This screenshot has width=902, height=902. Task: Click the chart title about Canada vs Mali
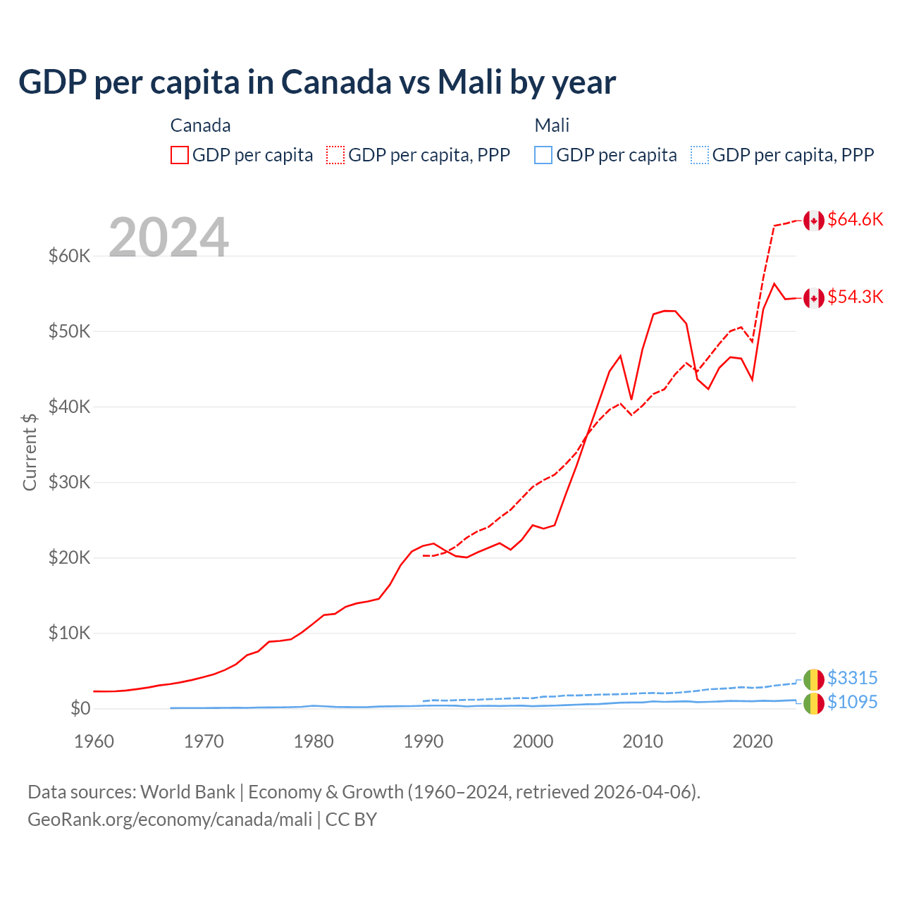317,82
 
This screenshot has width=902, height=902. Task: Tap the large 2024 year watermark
168,237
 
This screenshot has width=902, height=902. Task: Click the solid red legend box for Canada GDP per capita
180,155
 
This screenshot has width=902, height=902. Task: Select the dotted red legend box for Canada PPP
335,155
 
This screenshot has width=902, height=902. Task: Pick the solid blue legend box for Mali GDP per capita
543,155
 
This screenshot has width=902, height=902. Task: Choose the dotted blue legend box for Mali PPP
700,155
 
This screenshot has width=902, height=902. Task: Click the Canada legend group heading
200,125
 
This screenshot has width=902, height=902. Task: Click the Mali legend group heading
552,125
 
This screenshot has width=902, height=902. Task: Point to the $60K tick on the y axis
69,256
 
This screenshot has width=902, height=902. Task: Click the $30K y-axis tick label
69,482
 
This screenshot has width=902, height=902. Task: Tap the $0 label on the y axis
80,708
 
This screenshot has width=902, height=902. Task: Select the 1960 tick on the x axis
94,741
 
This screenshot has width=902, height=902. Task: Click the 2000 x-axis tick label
533,741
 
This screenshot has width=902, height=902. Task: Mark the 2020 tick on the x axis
753,741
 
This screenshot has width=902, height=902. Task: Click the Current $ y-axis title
30,452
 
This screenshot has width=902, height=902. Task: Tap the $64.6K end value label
855,220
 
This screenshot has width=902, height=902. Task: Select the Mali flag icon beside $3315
814,679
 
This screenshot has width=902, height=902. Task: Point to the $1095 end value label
852,703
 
